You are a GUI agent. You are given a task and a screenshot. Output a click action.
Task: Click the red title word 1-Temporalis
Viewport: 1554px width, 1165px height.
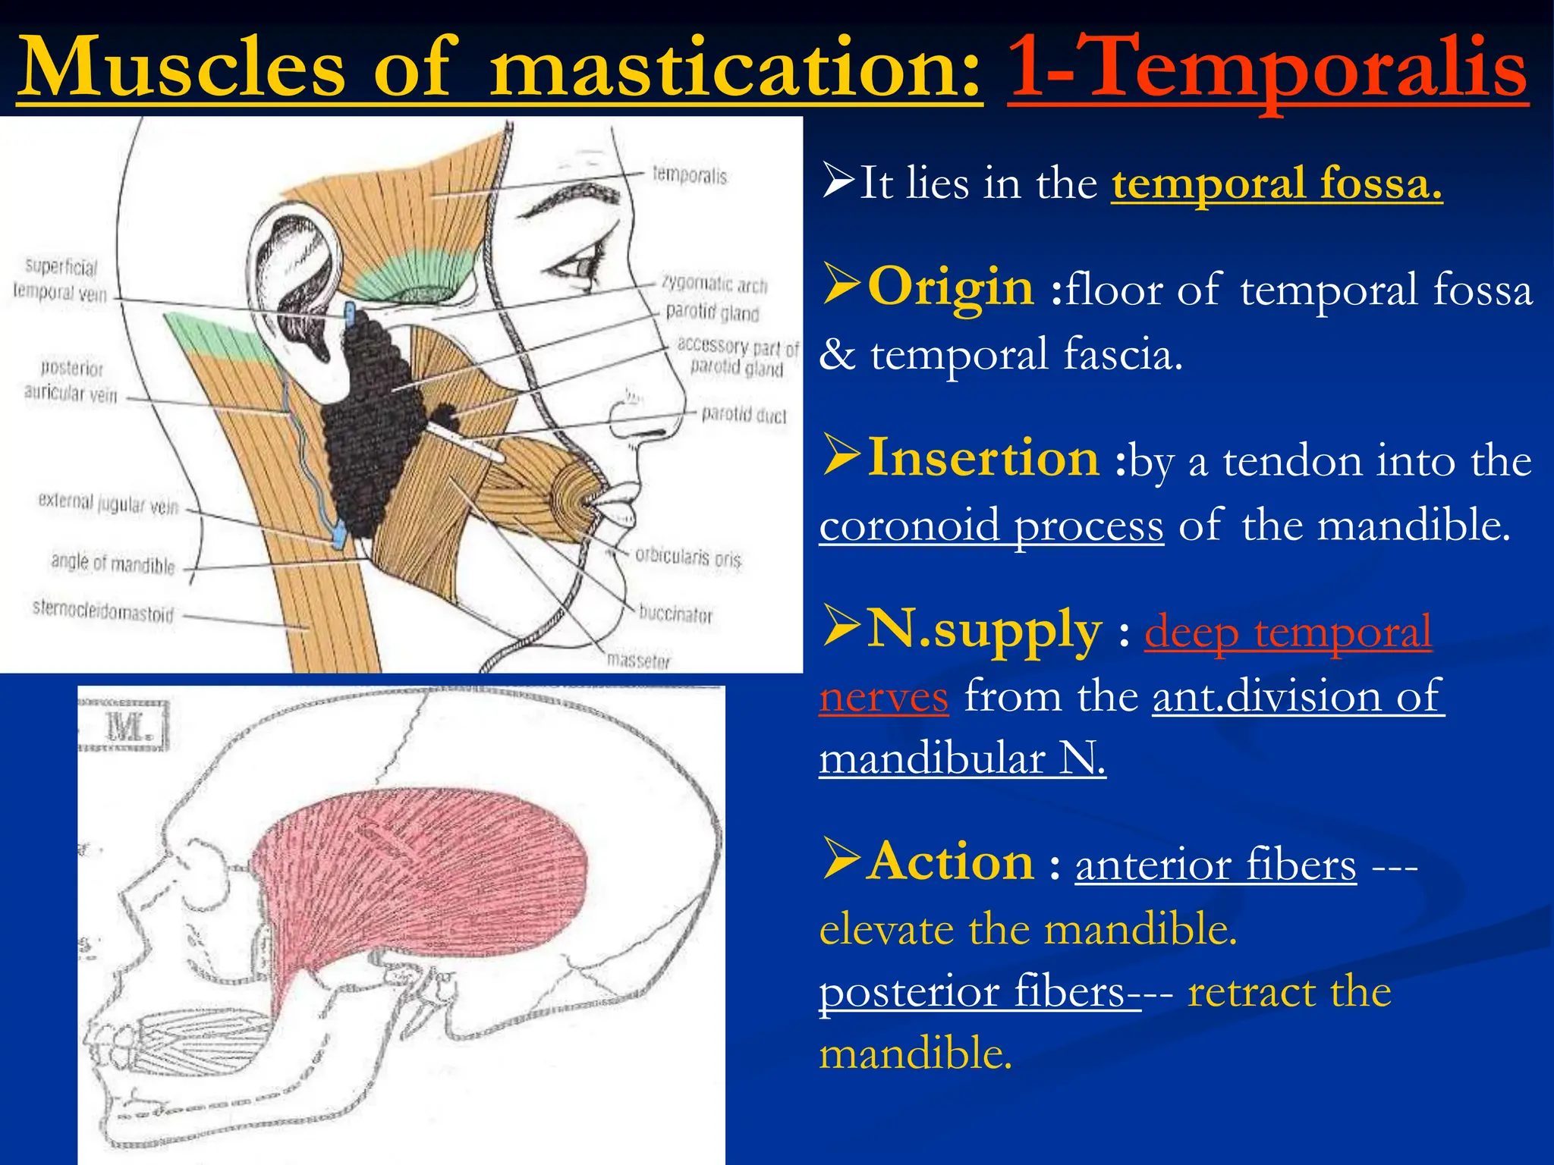coord(1267,70)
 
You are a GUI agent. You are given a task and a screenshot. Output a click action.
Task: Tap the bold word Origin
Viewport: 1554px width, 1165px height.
coord(950,287)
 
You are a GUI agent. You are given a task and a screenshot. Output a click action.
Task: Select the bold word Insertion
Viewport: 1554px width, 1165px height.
coord(983,458)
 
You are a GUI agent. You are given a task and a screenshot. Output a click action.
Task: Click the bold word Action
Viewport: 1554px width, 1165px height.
coord(951,862)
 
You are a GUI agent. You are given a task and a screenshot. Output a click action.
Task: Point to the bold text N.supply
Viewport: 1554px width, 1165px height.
coord(983,630)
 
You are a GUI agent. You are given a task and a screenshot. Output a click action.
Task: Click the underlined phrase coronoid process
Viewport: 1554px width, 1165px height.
coord(991,525)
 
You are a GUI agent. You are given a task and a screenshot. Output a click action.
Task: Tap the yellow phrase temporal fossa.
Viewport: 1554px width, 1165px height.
coord(1277,183)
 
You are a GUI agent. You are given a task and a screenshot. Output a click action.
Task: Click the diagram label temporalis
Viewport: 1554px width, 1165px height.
coord(690,176)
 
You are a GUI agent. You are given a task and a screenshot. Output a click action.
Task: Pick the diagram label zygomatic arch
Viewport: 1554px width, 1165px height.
coord(714,284)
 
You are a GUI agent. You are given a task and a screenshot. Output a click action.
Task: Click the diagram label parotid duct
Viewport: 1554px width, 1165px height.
coord(744,414)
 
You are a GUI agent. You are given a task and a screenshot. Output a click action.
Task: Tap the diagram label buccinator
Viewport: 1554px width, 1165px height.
coord(675,613)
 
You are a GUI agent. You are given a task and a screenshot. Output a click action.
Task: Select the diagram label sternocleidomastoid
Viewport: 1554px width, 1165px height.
coord(103,611)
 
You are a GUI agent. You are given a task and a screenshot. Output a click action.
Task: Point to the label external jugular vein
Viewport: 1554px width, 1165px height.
coord(109,504)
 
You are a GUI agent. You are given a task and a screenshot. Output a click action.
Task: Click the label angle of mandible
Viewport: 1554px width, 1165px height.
coord(113,564)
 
